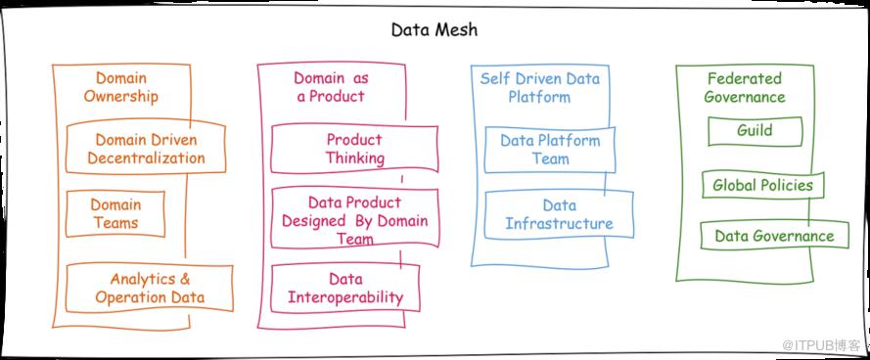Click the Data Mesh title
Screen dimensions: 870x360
(x=434, y=29)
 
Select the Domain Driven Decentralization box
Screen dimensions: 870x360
(x=146, y=149)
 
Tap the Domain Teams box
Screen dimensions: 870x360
(x=115, y=213)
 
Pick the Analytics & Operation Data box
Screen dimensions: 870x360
(x=150, y=289)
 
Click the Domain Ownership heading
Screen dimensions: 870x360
(x=121, y=87)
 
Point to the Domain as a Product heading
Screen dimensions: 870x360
(x=331, y=86)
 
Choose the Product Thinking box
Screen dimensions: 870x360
(x=354, y=149)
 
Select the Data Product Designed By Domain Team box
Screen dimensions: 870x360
(x=354, y=218)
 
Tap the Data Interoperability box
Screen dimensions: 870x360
(x=345, y=288)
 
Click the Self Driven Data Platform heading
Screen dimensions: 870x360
(x=540, y=87)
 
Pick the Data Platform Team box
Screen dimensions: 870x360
(x=550, y=150)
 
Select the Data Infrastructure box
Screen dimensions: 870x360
(x=559, y=214)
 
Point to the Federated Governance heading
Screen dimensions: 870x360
(x=745, y=87)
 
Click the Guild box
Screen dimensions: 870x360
(x=756, y=131)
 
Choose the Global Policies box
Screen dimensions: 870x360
(x=763, y=185)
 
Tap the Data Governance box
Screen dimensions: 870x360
(x=774, y=235)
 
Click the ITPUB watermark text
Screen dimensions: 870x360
(x=821, y=345)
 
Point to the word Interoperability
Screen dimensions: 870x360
(x=345, y=297)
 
